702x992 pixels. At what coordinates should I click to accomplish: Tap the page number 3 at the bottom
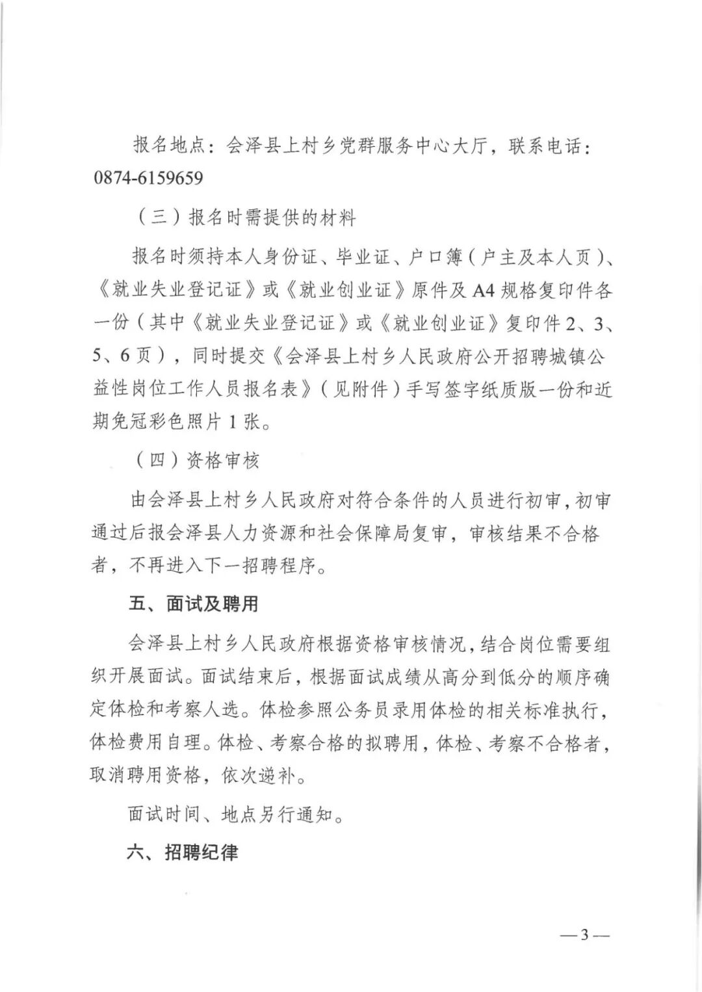pos(584,935)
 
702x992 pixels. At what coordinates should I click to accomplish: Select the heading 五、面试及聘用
pos(193,604)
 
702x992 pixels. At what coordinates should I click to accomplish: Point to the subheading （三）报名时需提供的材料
pos(246,218)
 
